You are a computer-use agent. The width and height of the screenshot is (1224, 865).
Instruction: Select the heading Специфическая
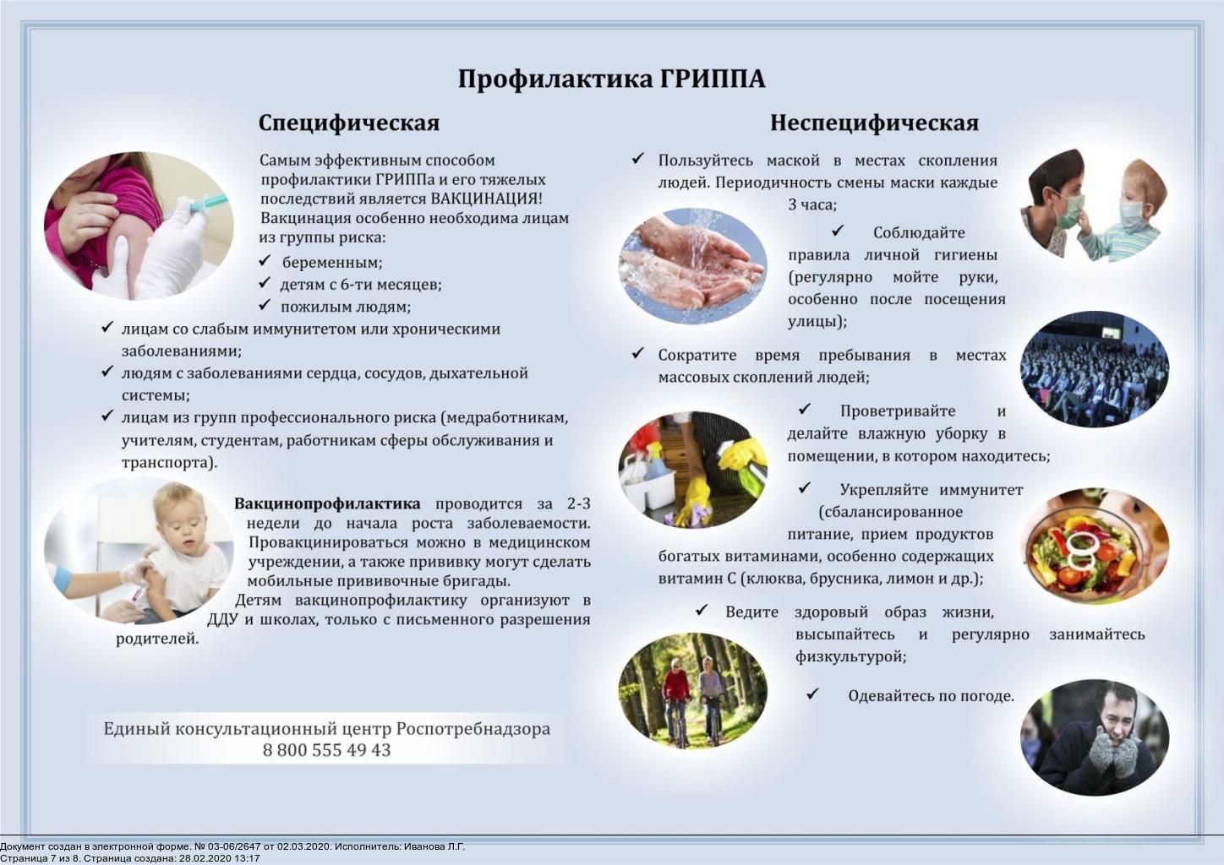coord(348,123)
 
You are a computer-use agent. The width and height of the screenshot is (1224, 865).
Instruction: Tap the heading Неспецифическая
coord(873,123)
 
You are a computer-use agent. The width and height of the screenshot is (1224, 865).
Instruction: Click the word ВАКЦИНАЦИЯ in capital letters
coord(485,199)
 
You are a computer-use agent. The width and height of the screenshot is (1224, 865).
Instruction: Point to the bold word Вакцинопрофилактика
coord(327,504)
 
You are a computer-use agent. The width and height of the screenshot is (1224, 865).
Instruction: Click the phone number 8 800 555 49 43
coord(326,750)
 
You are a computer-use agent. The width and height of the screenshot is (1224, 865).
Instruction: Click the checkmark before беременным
coord(265,261)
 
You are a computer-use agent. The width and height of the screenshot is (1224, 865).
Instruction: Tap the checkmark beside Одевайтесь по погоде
coord(812,694)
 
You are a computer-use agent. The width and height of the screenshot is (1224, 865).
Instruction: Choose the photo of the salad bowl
coord(1095,545)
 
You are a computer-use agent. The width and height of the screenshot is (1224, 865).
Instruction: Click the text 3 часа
coord(811,204)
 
